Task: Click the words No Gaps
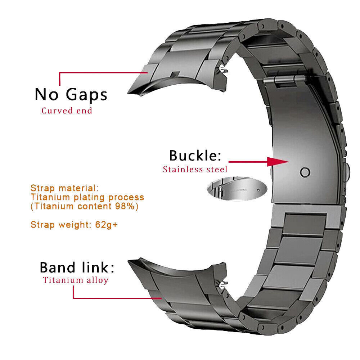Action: (x=71, y=94)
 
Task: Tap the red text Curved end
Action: (x=67, y=111)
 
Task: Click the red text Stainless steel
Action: (x=195, y=169)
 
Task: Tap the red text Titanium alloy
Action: (x=76, y=280)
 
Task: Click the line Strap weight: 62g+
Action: (x=74, y=225)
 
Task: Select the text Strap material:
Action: (x=64, y=188)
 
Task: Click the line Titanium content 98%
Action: (x=84, y=207)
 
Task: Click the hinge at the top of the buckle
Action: (x=288, y=81)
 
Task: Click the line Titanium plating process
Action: (x=87, y=197)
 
